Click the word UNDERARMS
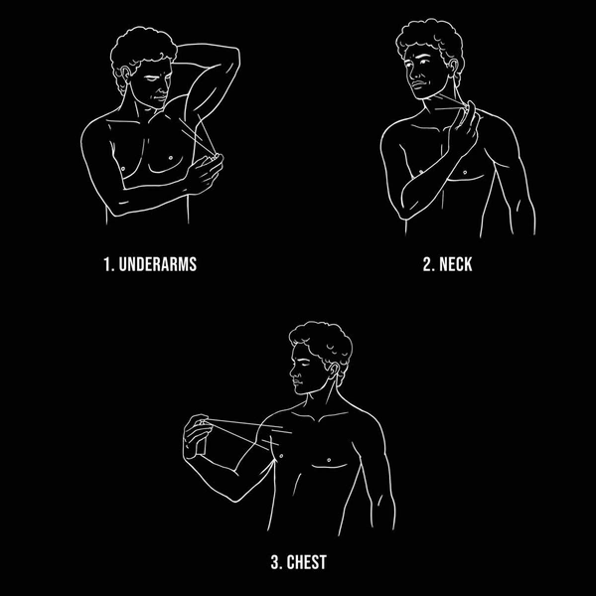coord(158,264)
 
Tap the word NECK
coord(455,264)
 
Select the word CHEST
coord(306,562)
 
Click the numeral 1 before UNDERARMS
coord(108,264)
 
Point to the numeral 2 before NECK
coord(429,264)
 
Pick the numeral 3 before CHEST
coord(276,562)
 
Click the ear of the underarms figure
coord(125,74)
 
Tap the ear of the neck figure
coord(452,68)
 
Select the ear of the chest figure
coord(333,371)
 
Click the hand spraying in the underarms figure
coord(205,175)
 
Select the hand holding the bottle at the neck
coord(463,129)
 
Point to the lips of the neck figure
coord(418,85)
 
